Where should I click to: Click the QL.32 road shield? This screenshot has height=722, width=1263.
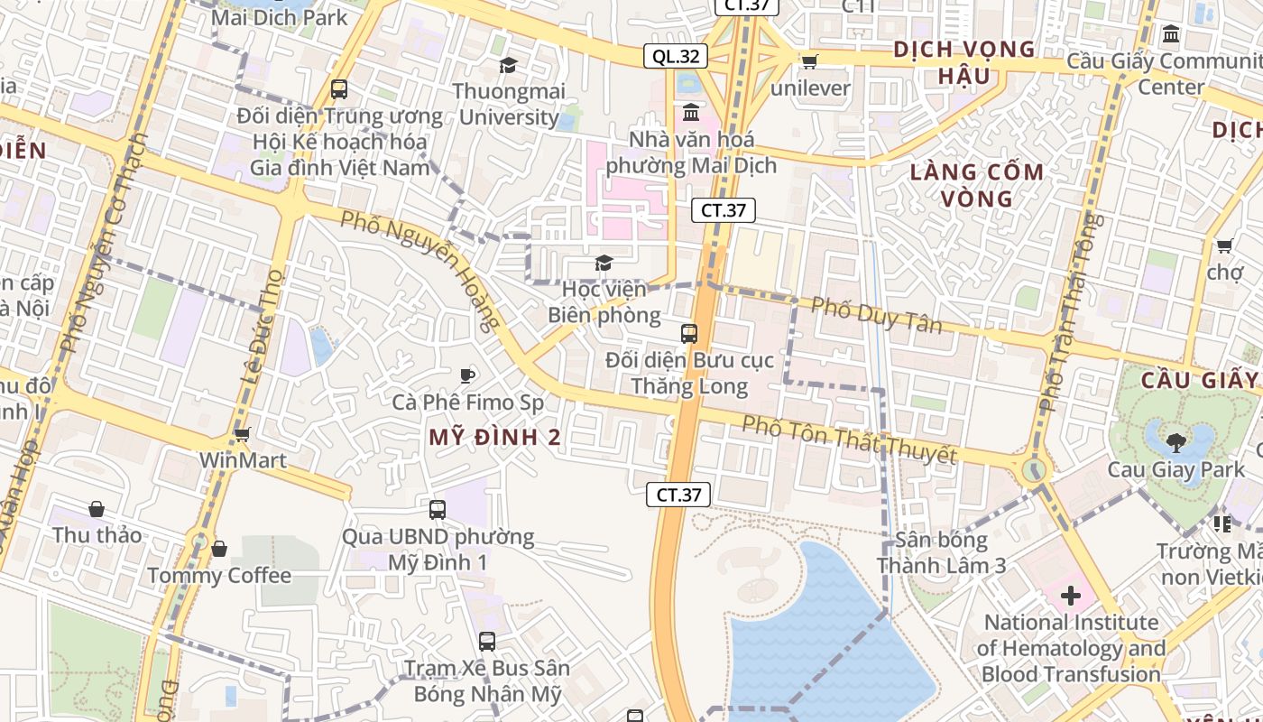[x=676, y=56]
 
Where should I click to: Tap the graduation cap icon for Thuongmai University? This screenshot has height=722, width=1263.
[x=508, y=65]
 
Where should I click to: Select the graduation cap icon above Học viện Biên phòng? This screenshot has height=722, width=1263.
[x=604, y=263]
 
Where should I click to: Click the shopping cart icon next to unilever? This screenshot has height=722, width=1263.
[x=809, y=61]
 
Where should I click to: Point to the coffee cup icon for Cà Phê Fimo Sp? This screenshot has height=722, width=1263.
[x=466, y=375]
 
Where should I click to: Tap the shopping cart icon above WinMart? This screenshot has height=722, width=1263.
[x=242, y=434]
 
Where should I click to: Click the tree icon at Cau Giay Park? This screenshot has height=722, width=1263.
[x=1175, y=442]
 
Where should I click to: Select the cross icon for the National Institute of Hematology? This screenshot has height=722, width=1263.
[x=1071, y=596]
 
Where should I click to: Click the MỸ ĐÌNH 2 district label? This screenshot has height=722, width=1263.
[x=494, y=438]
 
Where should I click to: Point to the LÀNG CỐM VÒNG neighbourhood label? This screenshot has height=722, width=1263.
[x=976, y=184]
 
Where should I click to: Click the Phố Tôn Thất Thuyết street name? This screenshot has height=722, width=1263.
[x=849, y=439]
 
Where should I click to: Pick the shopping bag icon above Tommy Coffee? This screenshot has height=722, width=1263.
[x=218, y=549]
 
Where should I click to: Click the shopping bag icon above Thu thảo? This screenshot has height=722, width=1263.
[x=96, y=509]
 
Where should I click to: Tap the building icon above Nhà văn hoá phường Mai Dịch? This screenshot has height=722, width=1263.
[x=691, y=113]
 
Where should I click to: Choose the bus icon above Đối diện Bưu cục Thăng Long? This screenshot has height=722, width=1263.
[x=689, y=334]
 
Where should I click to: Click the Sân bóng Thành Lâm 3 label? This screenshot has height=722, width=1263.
[x=941, y=553]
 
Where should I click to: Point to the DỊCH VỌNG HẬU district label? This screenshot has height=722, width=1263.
[x=963, y=62]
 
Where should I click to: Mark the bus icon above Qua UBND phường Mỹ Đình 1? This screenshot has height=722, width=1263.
[x=438, y=510]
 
